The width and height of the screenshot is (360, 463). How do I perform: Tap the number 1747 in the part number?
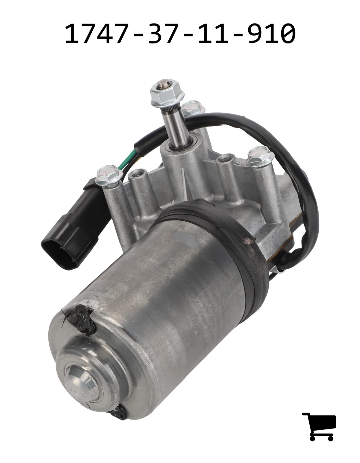pyautogui.click(x=97, y=34)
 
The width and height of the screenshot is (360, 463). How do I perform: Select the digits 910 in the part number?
pyautogui.click(x=272, y=34)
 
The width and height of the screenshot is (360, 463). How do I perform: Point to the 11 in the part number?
pyautogui.click(x=214, y=34)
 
